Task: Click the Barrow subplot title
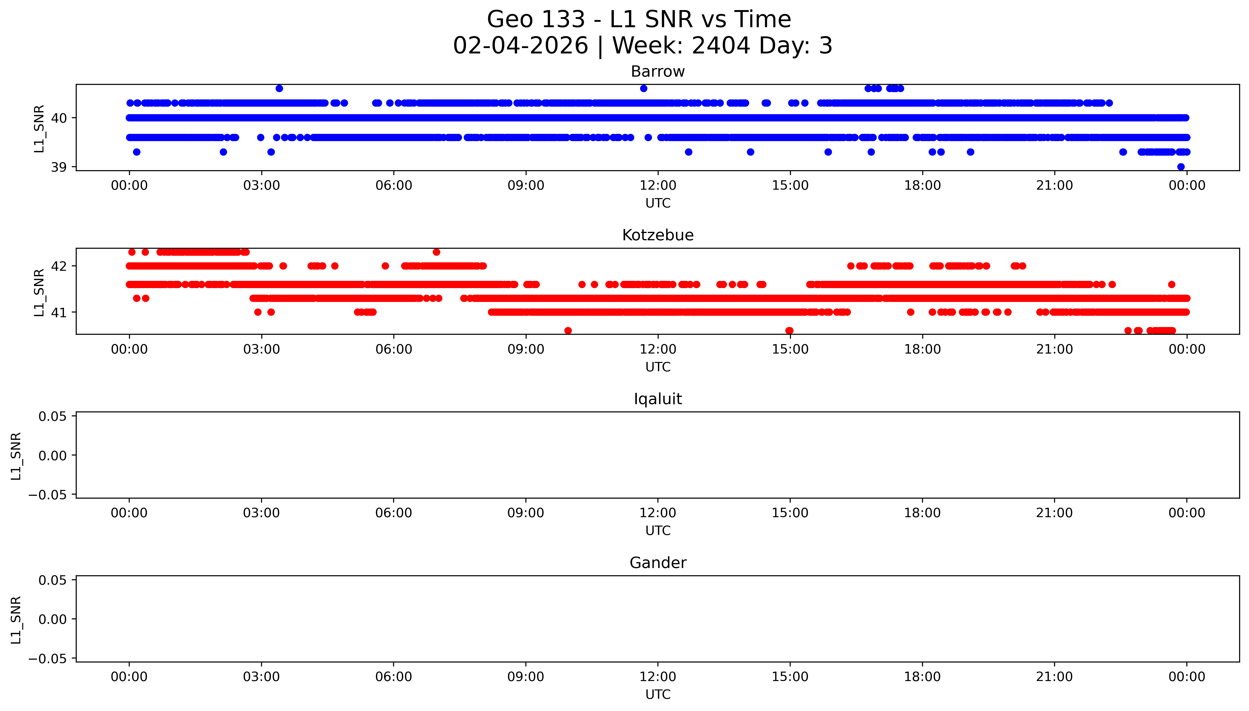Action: point(657,72)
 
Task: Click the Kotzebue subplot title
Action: point(657,235)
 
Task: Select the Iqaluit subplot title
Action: point(657,399)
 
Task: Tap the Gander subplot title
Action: point(657,563)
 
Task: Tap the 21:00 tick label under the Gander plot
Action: point(1054,677)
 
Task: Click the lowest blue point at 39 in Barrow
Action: point(1181,167)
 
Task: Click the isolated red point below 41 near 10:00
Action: point(568,331)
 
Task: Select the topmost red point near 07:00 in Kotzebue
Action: point(436,252)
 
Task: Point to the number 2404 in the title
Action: point(721,46)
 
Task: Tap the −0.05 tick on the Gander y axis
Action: point(47,659)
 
